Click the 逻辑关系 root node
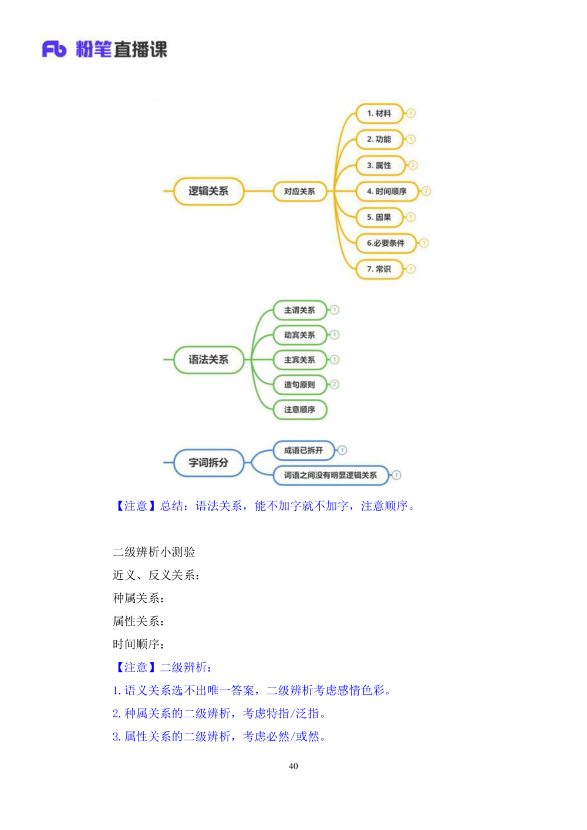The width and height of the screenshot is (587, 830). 208,191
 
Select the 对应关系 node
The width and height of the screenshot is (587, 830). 300,191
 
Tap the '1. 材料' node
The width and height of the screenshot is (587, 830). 379,113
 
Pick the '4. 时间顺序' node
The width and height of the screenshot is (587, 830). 387,191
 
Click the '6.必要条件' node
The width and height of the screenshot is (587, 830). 386,243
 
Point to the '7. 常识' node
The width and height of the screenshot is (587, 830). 379,269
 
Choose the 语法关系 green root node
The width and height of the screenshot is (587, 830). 208,359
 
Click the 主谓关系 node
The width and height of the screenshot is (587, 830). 300,310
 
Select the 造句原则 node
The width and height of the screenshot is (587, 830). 300,384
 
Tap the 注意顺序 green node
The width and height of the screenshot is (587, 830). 300,410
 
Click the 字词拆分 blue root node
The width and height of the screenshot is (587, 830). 208,463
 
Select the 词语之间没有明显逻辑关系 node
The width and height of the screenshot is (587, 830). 330,475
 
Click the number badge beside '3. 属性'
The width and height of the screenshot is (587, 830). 413,166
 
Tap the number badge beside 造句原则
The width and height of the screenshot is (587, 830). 334,384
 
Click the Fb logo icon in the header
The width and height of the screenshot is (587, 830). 54,49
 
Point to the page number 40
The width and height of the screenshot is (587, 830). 293,766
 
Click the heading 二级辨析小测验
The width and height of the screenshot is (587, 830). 154,552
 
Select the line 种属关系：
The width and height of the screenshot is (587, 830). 139,598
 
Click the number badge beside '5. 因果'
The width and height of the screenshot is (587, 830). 410,217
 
